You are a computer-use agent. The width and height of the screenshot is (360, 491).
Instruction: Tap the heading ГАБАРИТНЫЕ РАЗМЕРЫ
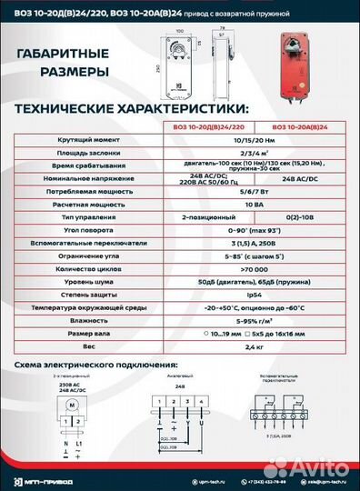click(64, 62)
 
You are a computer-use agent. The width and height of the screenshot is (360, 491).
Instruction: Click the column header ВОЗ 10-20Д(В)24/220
click(206, 127)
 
